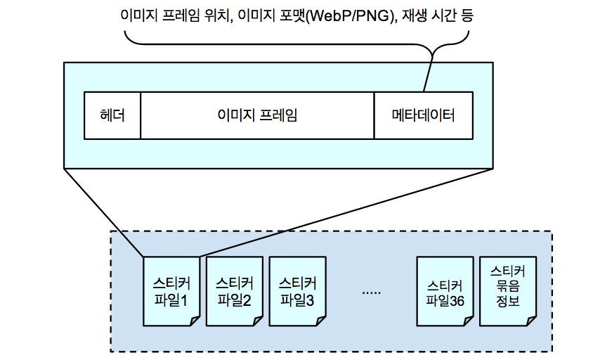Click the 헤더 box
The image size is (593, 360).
click(112, 115)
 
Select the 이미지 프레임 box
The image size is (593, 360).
click(257, 115)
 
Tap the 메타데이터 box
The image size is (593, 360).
click(423, 115)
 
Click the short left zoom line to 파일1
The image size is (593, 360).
click(103, 212)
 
